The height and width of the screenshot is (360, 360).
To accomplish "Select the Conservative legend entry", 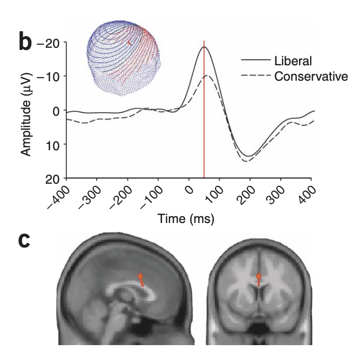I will (x=311, y=76).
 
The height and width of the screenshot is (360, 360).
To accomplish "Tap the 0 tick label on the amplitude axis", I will (x=58, y=110).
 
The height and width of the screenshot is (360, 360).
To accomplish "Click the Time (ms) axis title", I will (x=185, y=219).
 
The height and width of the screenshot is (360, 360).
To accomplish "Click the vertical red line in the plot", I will (x=204, y=133).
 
